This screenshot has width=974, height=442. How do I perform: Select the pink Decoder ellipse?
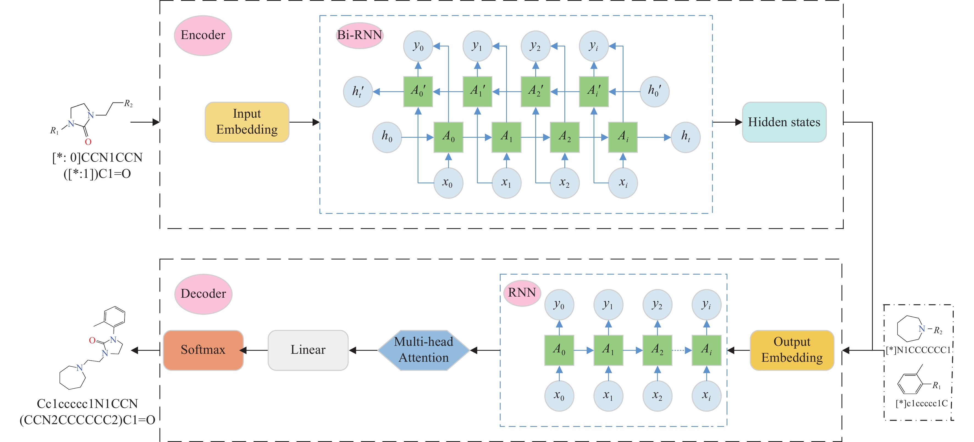pyautogui.click(x=203, y=294)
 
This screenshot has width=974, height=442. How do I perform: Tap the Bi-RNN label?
pyautogui.click(x=360, y=35)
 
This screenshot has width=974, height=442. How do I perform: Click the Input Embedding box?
pyautogui.click(x=247, y=122)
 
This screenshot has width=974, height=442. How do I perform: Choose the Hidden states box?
pyautogui.click(x=784, y=122)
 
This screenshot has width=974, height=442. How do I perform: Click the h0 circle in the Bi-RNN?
pyautogui.click(x=387, y=137)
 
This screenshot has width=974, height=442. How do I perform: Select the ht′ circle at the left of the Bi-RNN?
pyautogui.click(x=358, y=92)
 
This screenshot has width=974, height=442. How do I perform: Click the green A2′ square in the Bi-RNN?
pyautogui.click(x=536, y=92)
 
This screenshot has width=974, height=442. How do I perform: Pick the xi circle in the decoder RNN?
pyautogui.click(x=706, y=396)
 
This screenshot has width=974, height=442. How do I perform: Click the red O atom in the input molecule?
pyautogui.click(x=88, y=142)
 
